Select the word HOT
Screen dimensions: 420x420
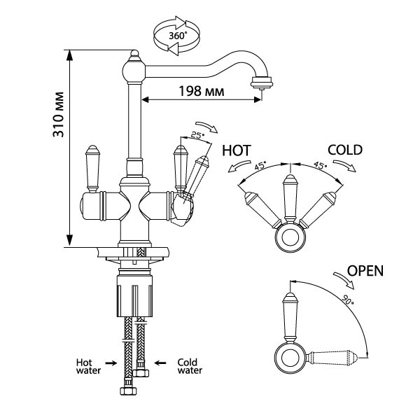click(237, 150)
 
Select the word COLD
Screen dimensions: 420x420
click(344, 150)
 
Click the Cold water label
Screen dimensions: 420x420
click(188, 366)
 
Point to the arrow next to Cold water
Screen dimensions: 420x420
click(160, 362)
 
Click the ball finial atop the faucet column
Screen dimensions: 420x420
click(133, 69)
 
